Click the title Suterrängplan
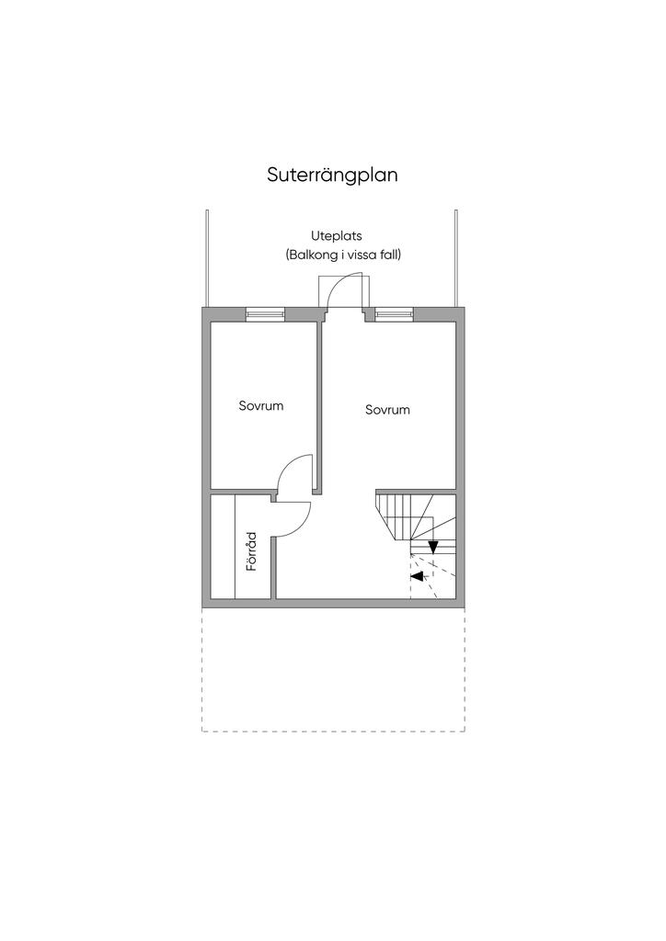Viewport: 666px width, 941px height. (332, 175)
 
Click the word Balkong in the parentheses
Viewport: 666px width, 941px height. (319, 255)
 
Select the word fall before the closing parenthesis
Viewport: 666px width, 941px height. (393, 255)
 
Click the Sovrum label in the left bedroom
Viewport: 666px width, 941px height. (260, 405)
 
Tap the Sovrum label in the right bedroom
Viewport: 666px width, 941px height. (386, 410)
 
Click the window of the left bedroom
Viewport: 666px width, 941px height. (265, 314)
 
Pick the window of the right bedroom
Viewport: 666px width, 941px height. (394, 314)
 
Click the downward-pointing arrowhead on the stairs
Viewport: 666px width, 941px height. (432, 547)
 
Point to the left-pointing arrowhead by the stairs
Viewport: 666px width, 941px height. (418, 576)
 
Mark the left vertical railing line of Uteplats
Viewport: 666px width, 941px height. (208, 257)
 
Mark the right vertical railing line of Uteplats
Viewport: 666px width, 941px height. (455, 257)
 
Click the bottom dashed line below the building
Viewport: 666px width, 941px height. (333, 731)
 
